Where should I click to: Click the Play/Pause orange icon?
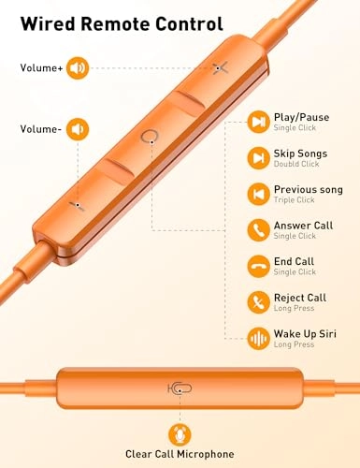click(x=258, y=122)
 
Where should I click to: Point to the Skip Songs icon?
click(x=258, y=157)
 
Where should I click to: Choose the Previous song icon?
click(x=258, y=194)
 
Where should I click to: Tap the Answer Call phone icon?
click(x=258, y=229)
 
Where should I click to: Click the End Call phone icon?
click(x=258, y=266)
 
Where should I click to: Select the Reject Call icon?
click(x=258, y=301)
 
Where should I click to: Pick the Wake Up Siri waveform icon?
click(x=258, y=338)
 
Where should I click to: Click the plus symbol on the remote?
click(x=220, y=67)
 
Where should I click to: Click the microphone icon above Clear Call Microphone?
click(x=180, y=433)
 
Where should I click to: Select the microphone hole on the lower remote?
click(x=179, y=388)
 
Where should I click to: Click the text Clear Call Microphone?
click(x=180, y=458)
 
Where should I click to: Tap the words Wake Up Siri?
click(x=303, y=333)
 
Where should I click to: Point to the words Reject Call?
click(x=299, y=298)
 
